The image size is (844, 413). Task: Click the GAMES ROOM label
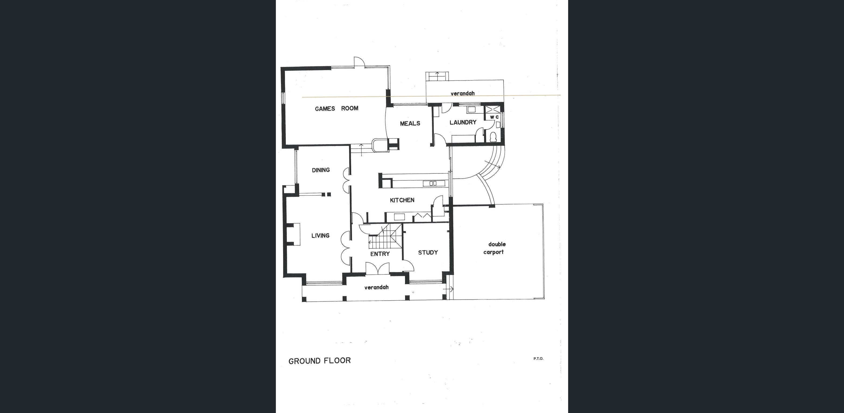[x=336, y=108]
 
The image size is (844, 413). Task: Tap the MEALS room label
[x=410, y=123]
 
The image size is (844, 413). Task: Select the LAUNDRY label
[x=463, y=122]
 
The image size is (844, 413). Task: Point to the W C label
[x=494, y=117]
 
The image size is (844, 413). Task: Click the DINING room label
[x=321, y=170]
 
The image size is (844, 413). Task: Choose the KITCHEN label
[x=402, y=200]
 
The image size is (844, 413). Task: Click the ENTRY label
[x=380, y=254]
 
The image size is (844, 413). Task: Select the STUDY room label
[x=428, y=252]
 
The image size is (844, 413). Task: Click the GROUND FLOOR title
[x=319, y=361]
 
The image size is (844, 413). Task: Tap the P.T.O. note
[x=538, y=358]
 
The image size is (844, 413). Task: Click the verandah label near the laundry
[x=462, y=93]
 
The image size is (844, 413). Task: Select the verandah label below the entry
[x=377, y=287]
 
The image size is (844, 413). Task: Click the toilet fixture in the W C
[x=493, y=137]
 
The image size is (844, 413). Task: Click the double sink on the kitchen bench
[x=433, y=184]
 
